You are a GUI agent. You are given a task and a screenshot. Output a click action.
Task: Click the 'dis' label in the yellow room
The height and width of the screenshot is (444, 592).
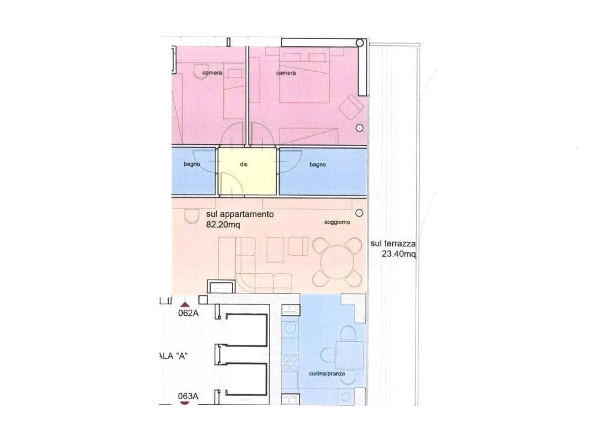[243, 164]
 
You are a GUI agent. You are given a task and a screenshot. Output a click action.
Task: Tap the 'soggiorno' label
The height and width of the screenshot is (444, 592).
[337, 222]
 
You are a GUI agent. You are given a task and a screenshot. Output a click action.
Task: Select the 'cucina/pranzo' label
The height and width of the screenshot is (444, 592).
[327, 374]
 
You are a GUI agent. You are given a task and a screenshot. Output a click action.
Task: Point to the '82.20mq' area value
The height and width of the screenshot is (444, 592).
[223, 225]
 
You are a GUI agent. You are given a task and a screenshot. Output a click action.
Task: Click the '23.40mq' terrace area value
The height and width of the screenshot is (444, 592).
[398, 254]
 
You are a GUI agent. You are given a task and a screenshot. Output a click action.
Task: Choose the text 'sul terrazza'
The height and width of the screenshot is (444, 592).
[393, 244]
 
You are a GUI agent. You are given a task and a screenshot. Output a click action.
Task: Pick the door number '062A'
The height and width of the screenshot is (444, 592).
[188, 313]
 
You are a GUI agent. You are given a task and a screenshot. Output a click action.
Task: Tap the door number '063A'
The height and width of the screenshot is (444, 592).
[188, 396]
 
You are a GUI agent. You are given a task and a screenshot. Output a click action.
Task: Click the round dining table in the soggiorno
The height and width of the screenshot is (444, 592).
[337, 262]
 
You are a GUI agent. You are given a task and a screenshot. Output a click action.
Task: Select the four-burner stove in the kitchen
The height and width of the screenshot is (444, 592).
[290, 363]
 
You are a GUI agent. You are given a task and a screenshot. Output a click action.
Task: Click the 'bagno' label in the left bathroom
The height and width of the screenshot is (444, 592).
[192, 164]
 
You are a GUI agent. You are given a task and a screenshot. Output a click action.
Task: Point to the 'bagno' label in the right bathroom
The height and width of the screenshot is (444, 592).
[317, 164]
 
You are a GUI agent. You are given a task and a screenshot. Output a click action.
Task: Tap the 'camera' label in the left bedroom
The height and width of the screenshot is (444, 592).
[212, 73]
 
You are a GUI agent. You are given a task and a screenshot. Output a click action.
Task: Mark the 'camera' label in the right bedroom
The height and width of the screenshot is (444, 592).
[286, 73]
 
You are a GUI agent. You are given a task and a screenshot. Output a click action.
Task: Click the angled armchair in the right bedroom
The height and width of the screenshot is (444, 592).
[351, 107]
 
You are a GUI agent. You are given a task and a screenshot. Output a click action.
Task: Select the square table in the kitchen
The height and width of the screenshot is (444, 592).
[350, 355]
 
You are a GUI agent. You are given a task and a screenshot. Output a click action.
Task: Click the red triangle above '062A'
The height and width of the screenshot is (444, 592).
[185, 305]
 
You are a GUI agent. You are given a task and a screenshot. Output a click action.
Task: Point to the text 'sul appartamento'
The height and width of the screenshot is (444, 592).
[240, 215]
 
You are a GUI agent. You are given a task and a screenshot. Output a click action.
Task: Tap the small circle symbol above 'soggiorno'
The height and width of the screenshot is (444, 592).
[359, 213]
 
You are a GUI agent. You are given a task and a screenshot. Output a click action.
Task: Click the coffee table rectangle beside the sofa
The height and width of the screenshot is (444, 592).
[275, 250]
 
